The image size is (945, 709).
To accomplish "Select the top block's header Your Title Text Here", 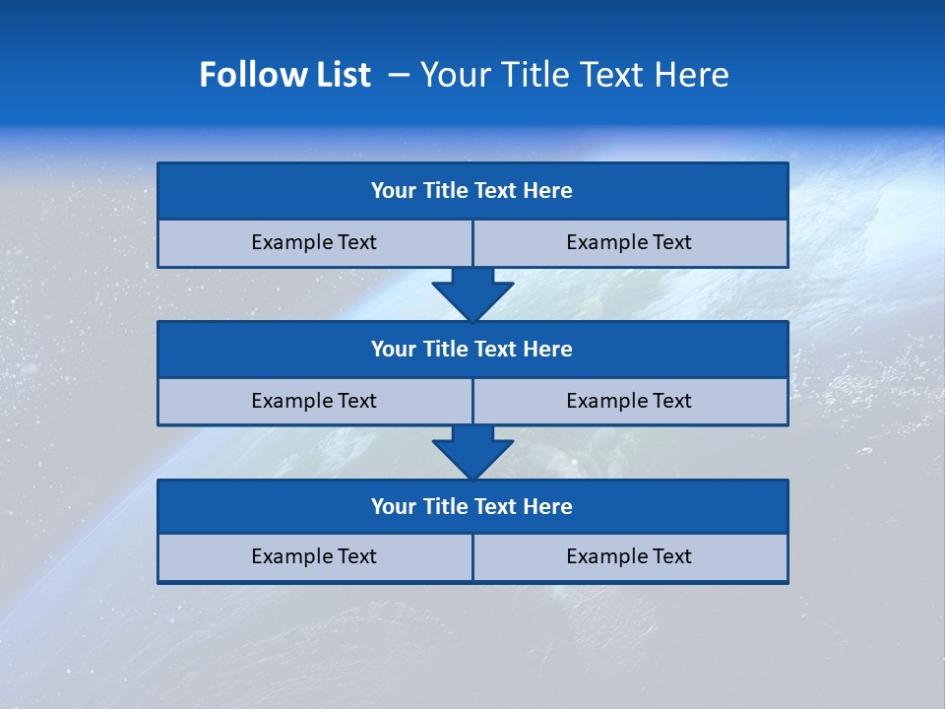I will click(x=472, y=191).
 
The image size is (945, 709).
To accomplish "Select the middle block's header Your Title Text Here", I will click(x=472, y=349).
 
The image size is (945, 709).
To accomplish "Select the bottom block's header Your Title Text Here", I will click(x=472, y=506).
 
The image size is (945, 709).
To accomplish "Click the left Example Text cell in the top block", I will click(x=314, y=242).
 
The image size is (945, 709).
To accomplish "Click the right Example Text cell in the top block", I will click(x=629, y=242).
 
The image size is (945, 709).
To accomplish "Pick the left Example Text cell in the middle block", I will click(x=314, y=401).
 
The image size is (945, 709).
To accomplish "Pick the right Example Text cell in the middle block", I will click(x=629, y=401).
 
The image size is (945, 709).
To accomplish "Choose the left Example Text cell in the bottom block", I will click(x=314, y=556).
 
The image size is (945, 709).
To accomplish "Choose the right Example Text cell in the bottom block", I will click(x=629, y=556).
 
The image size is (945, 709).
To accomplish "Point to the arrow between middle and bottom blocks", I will click(x=472, y=451).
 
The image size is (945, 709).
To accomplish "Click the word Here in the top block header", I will click(x=548, y=191).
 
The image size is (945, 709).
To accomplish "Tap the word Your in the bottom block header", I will click(x=394, y=506).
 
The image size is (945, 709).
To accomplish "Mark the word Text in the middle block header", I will click(x=496, y=349).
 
